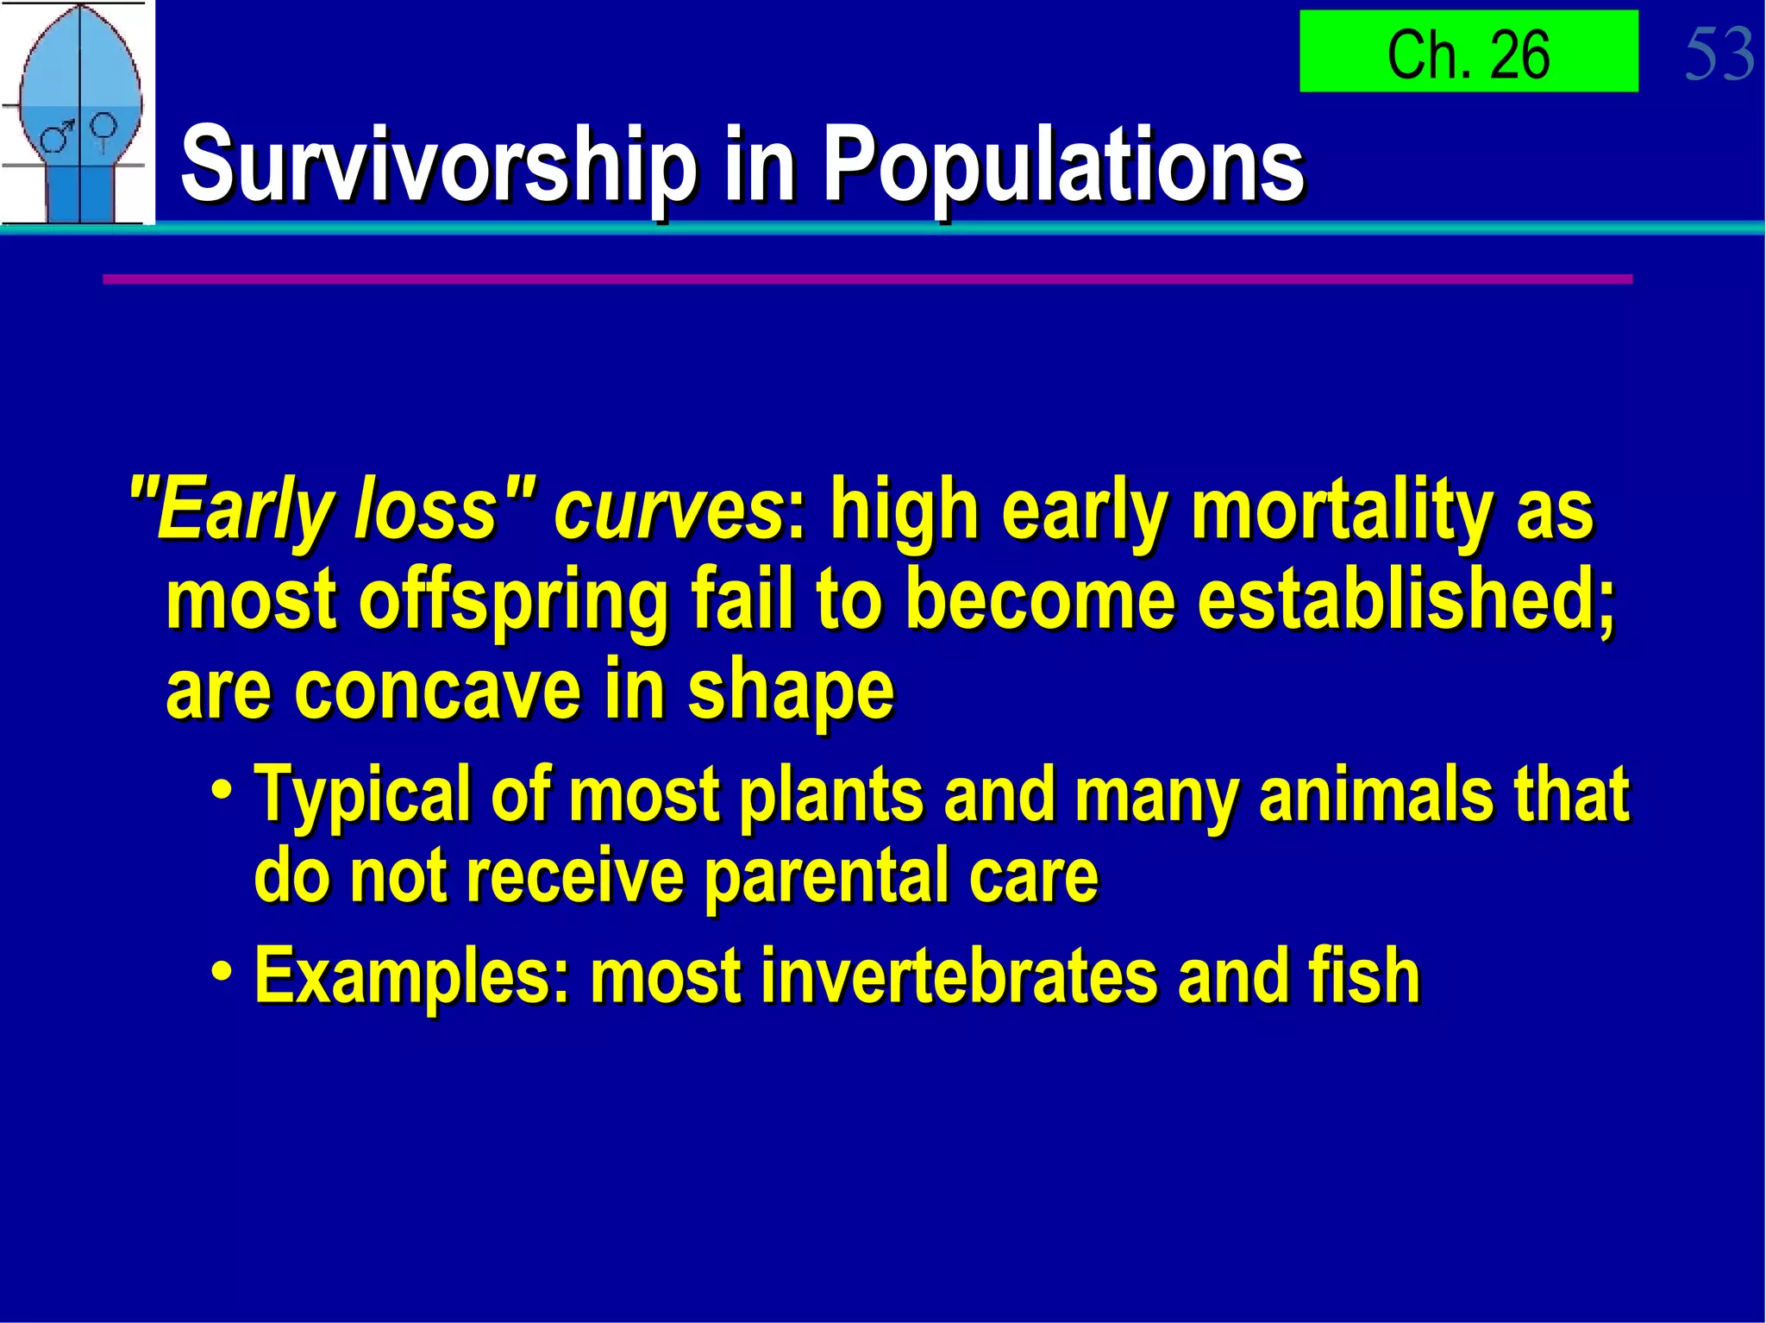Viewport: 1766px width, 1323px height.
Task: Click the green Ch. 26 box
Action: pos(1468,52)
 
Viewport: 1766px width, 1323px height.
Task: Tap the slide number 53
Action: pos(1719,54)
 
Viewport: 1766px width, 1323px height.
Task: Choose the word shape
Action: pos(791,692)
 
